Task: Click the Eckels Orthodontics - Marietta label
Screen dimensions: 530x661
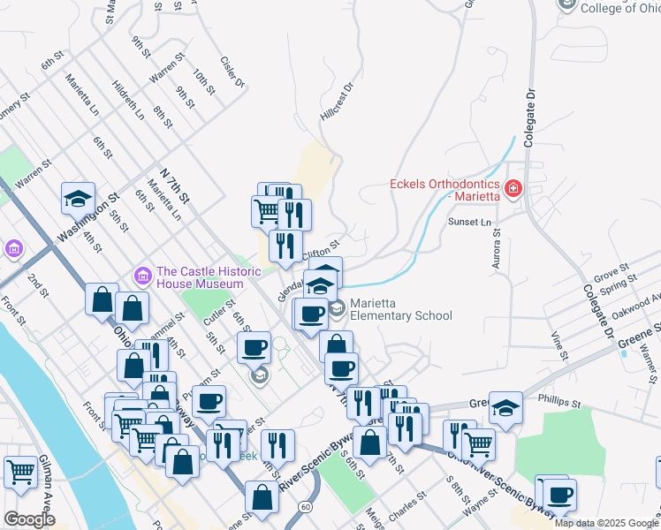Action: click(444, 190)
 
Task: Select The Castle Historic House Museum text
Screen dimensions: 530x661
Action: click(199, 277)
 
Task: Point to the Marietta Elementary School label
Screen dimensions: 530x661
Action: click(400, 309)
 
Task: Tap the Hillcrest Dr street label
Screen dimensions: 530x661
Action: click(337, 101)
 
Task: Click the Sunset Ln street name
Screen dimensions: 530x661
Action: click(468, 222)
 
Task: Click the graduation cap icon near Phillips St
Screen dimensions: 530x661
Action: click(505, 406)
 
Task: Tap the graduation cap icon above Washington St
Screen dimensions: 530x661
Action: click(78, 198)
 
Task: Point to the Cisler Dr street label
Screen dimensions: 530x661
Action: click(232, 74)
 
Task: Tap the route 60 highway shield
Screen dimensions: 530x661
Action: click(304, 506)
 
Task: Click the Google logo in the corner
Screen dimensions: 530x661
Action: click(29, 519)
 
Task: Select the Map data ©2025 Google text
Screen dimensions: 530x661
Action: click(606, 523)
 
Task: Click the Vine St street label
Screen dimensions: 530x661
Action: click(557, 344)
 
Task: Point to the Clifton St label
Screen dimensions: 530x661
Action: click(321, 250)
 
